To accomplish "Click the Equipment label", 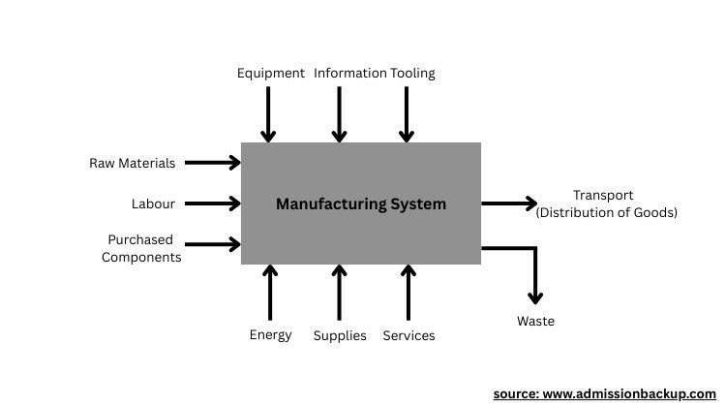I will point(271,74).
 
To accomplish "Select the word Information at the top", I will point(349,74).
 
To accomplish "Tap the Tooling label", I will point(413,74).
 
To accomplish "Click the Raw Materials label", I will point(133,164).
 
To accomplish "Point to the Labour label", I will point(153,204).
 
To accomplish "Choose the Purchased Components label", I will point(141,248).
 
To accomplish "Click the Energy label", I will point(270,335).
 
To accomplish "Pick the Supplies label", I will point(340,336).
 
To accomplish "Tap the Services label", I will point(408,336).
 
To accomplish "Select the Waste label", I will point(535,322).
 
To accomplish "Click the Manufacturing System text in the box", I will point(361,204).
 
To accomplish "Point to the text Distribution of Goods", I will point(607,213).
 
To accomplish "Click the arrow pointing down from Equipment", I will point(269,116).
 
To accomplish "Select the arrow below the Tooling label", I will point(408,116).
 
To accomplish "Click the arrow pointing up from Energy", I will point(270,292).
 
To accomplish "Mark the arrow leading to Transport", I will point(509,203).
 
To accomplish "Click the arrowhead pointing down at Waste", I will point(534,295).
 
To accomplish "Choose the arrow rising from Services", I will point(408,292).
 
